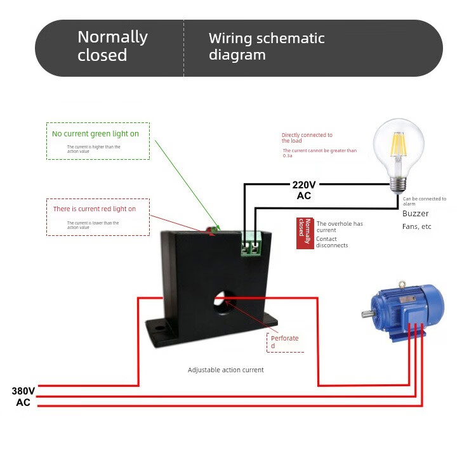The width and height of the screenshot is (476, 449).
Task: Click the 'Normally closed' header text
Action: (x=112, y=46)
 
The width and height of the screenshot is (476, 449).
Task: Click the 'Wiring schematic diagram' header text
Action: (x=267, y=46)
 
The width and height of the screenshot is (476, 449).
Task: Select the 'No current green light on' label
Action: (x=95, y=134)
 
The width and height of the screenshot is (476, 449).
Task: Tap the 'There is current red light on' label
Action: (x=94, y=209)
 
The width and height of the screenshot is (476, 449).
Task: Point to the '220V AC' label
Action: (x=304, y=190)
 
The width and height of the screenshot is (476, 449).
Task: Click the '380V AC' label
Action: (x=23, y=396)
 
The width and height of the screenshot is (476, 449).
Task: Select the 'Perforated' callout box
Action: (x=285, y=342)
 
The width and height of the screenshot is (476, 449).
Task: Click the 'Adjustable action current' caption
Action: (x=225, y=370)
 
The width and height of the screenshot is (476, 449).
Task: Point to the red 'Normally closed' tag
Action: (x=305, y=233)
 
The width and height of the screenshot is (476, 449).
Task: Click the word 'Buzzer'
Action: (x=416, y=214)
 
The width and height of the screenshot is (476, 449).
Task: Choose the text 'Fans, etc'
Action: (x=417, y=226)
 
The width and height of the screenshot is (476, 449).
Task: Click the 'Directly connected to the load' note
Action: (x=307, y=138)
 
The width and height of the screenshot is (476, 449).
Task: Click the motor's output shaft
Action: (x=366, y=314)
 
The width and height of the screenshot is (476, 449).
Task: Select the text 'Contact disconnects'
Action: (x=332, y=242)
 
